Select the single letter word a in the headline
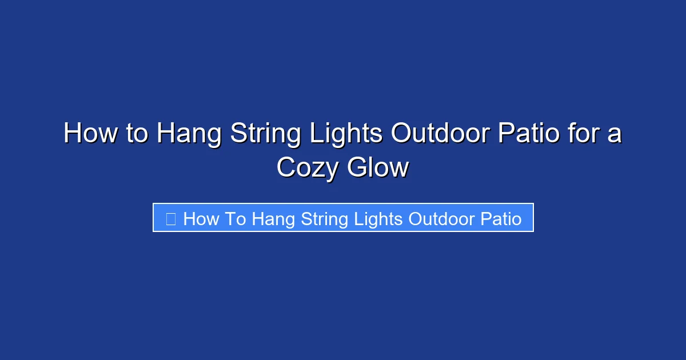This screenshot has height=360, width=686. [x=615, y=134]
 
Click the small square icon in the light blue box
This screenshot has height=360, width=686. [x=170, y=218]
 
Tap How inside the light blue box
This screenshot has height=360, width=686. [x=201, y=219]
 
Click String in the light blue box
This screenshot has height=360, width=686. [x=325, y=219]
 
